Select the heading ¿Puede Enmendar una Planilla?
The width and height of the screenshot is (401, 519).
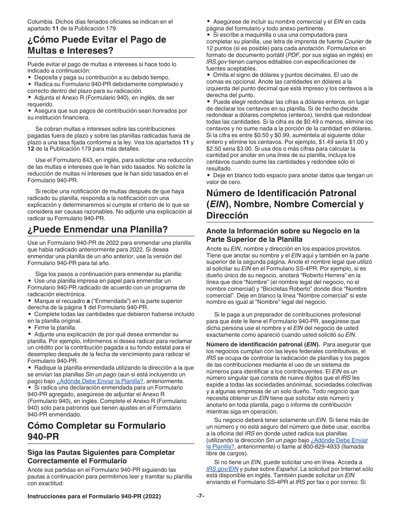point(98,230)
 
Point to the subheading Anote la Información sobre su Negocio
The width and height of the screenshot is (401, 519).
point(283,235)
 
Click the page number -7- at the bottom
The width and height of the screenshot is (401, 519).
point(200,496)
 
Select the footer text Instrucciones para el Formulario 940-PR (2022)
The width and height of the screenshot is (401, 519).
point(94,497)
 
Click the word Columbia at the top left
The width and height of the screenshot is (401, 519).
point(41,22)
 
